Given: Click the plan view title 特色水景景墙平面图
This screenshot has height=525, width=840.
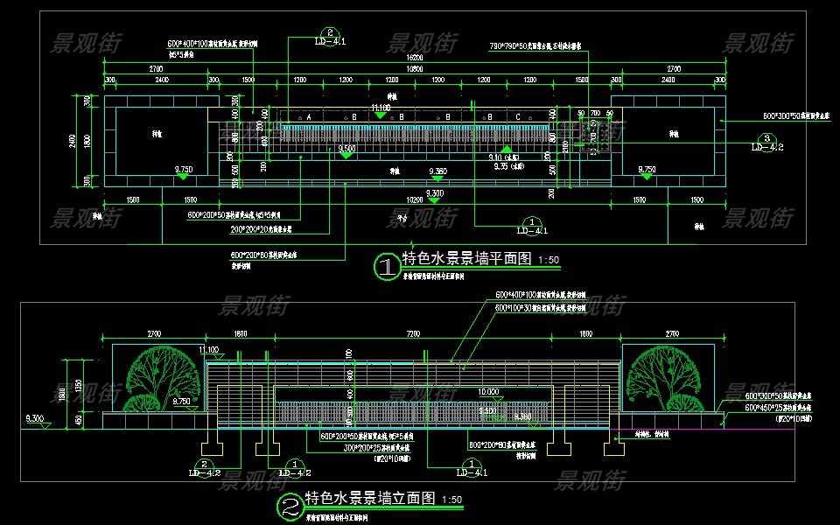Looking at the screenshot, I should pos(467,259).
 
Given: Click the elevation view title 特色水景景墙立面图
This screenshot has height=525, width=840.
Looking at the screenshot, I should pos(370,500).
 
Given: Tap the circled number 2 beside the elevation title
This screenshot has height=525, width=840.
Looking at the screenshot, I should pos(289,507).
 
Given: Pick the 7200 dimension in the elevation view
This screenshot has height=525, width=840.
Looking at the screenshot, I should pos(413,334).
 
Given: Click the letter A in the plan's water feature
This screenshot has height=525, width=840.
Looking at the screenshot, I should pos(308,116).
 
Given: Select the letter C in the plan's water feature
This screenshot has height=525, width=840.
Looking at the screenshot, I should pos(518,116).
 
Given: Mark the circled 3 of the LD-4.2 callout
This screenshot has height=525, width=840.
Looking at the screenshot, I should pos(766,138).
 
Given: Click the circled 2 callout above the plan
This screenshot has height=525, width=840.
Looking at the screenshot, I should pos(328,31).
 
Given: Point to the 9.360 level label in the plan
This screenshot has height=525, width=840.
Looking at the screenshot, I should pos(437,171).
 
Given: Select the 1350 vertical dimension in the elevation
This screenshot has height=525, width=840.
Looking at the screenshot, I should pos(78,385).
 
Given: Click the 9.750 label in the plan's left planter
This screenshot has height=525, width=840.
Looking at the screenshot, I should pos(183,168).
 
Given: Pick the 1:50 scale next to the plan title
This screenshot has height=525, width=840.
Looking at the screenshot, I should pos(549,260).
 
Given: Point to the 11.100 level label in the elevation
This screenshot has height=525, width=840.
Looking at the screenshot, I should pos(210,349).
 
